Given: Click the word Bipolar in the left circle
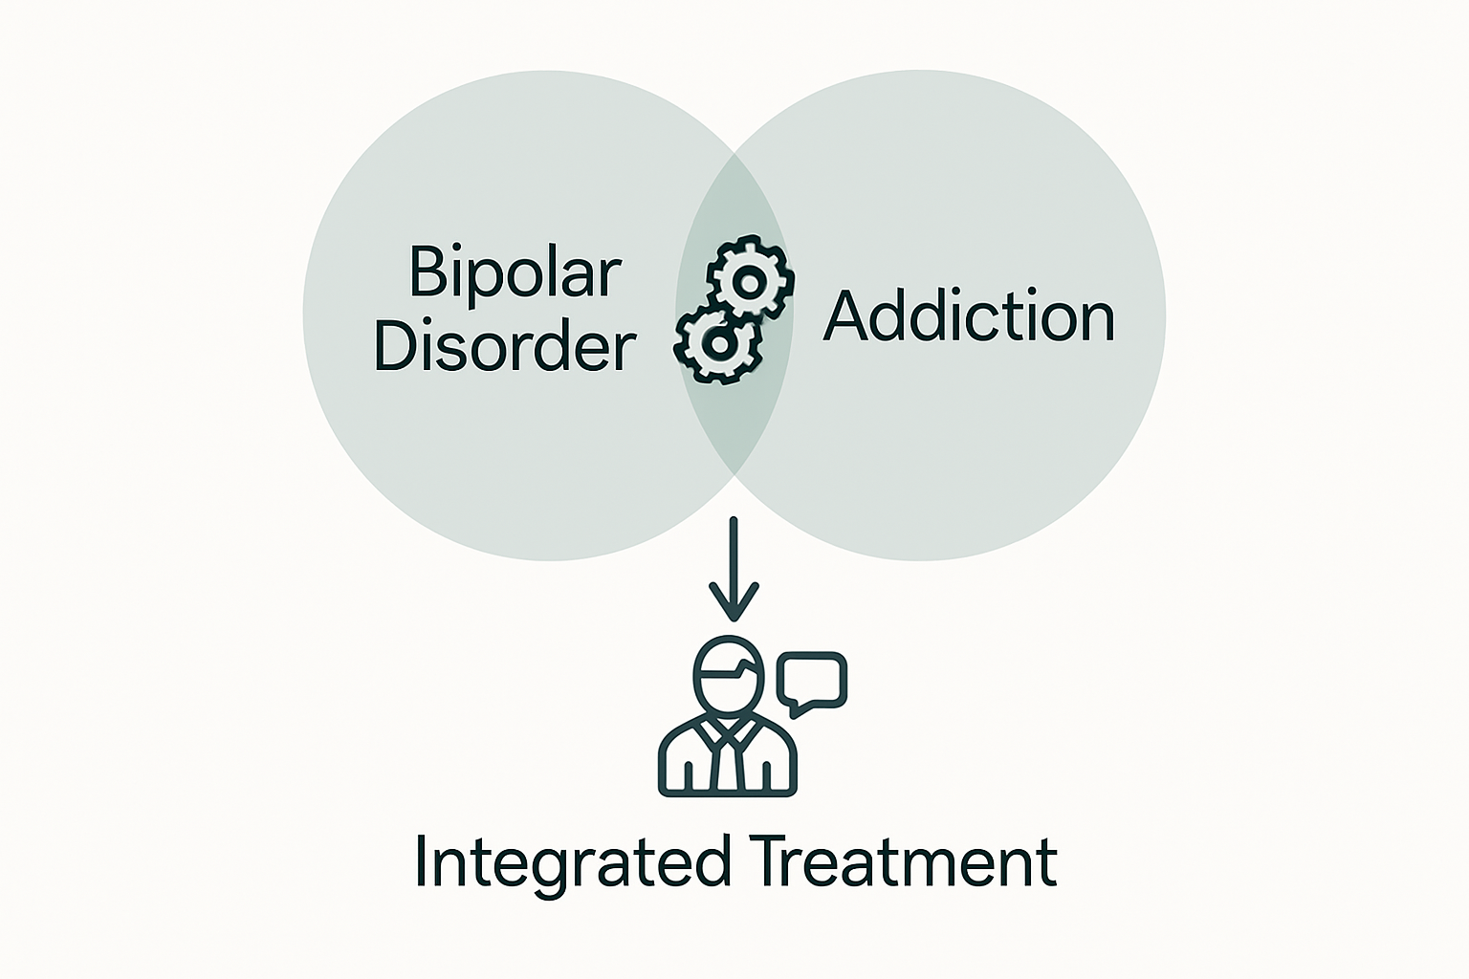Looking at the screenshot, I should [x=515, y=273].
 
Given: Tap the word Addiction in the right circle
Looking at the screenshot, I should [x=969, y=316].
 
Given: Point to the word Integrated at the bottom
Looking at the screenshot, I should [x=571, y=862].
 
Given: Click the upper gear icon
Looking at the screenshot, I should [x=750, y=280].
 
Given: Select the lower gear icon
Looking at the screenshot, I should [x=717, y=343].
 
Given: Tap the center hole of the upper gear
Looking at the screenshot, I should [x=750, y=281].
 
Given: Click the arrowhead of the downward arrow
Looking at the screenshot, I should [x=734, y=602].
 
